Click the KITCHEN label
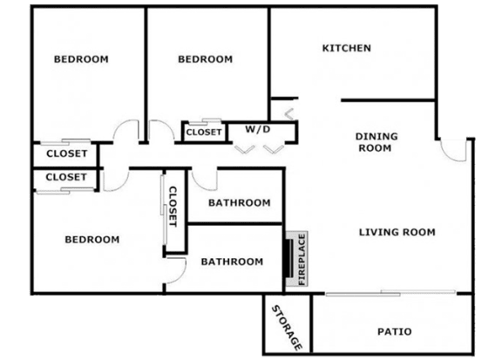[x=346, y=48]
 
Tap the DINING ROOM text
[x=376, y=142]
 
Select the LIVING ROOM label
[x=397, y=232]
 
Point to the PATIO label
[x=395, y=331]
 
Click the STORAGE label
[x=287, y=328]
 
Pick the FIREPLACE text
[x=302, y=259]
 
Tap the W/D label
[x=258, y=129]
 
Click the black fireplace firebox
[x=288, y=259]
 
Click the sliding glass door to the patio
[x=390, y=293]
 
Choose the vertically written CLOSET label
[x=173, y=207]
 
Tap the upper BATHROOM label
[x=239, y=202]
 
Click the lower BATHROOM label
[x=232, y=262]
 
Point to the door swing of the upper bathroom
[x=202, y=184]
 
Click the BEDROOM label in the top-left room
[x=81, y=59]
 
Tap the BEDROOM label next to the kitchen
[x=205, y=59]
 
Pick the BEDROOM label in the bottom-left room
[x=92, y=239]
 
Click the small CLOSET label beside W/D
[x=204, y=132]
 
